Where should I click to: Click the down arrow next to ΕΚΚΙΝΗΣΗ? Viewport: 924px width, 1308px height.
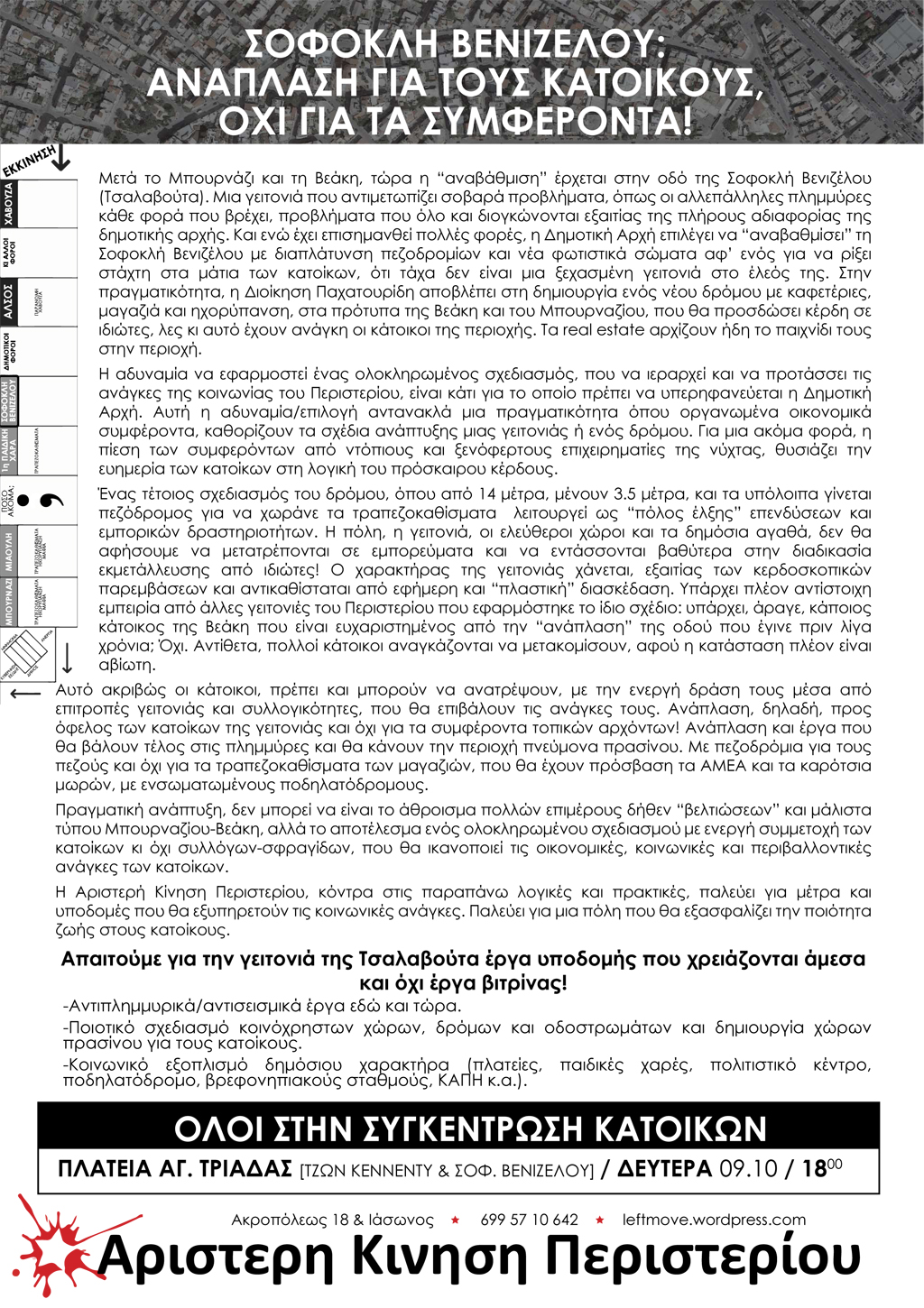click(x=61, y=159)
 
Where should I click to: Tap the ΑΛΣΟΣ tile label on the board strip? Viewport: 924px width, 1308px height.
click(x=10, y=301)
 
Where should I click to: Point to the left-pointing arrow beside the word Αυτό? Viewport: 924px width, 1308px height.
click(x=25, y=693)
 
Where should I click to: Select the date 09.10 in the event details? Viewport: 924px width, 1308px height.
click(x=748, y=1169)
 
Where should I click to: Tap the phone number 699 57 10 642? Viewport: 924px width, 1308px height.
click(x=529, y=1220)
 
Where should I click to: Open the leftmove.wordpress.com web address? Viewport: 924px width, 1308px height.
click(x=714, y=1220)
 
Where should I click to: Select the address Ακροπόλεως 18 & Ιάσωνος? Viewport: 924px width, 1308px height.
click(x=332, y=1220)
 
